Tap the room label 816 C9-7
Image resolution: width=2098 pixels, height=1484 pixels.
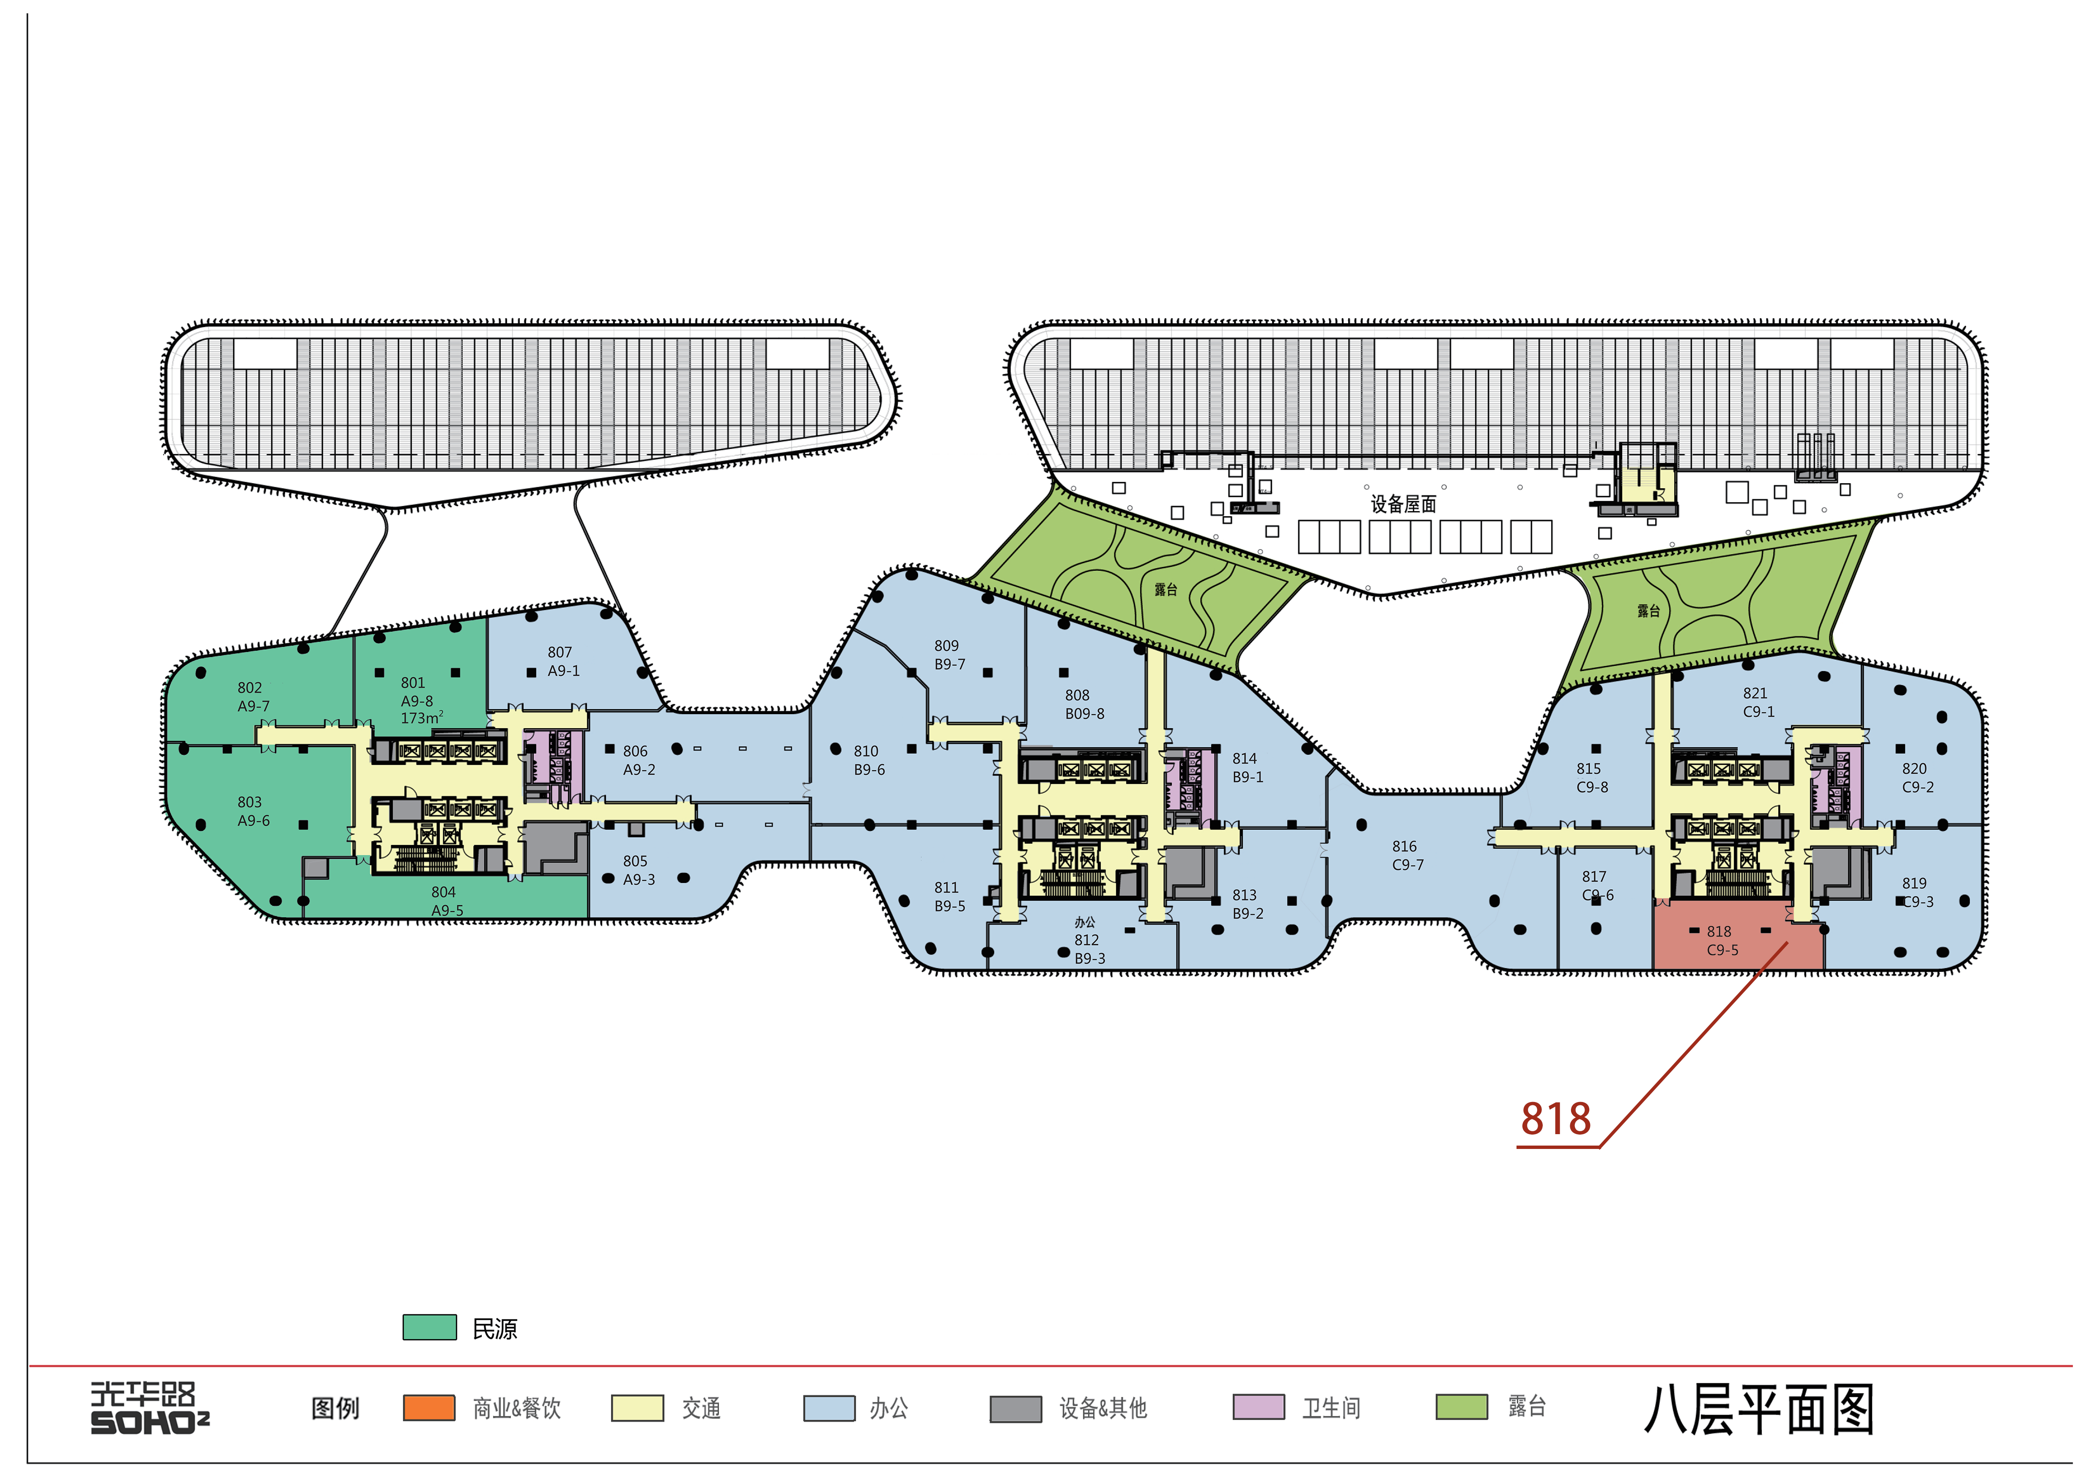pos(1407,855)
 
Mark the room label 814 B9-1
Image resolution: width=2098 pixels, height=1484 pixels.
pos(1247,767)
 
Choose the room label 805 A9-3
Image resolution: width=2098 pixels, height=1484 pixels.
pos(639,870)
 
